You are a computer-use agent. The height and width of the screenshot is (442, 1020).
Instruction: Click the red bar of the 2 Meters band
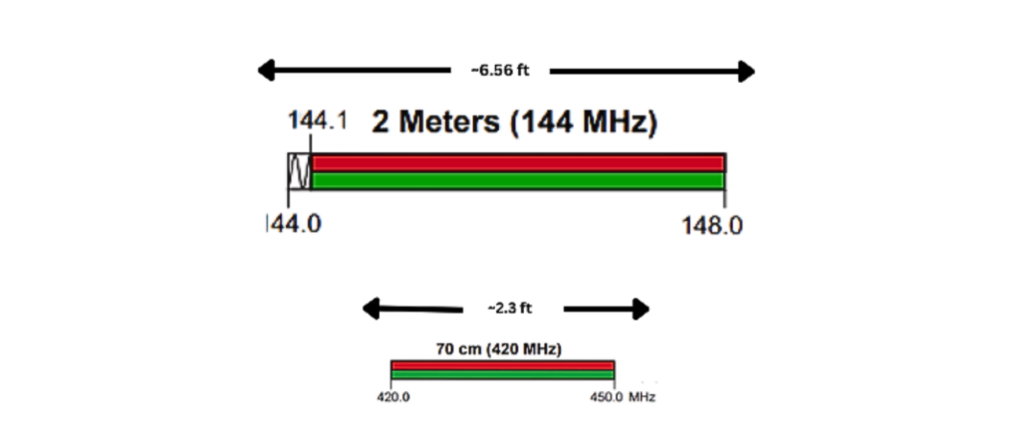tap(518, 163)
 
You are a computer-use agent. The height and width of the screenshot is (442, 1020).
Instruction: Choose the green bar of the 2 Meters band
tap(518, 181)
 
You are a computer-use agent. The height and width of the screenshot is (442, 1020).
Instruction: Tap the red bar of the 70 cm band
tap(502, 365)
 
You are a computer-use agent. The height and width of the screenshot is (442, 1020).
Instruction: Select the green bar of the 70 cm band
tap(502, 375)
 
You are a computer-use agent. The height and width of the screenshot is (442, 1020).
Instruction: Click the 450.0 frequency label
tap(607, 396)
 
